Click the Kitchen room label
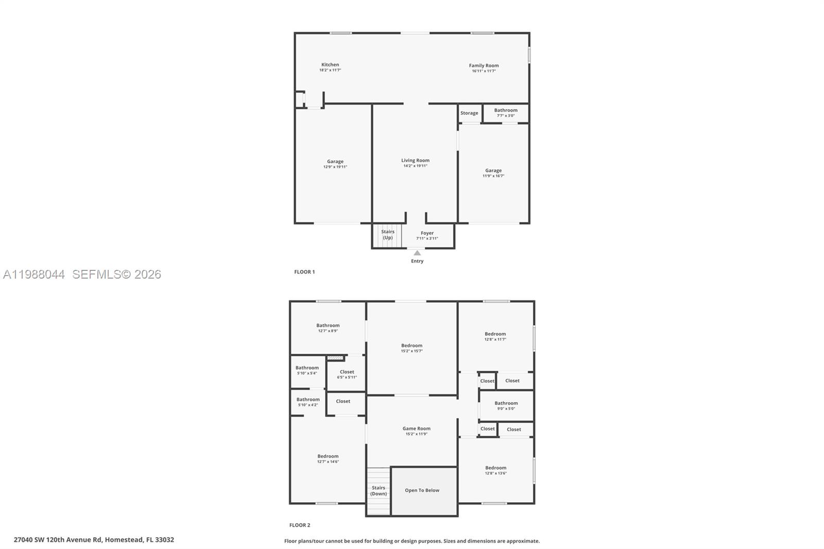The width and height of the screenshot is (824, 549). coord(330,65)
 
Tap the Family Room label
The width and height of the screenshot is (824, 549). coord(484,65)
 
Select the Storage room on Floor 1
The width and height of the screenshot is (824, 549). coord(469,113)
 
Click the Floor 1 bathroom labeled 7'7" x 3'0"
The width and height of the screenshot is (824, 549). coord(506,112)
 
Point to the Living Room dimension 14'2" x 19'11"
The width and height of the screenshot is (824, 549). coord(415,166)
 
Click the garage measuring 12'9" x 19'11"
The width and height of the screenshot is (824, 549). coord(335,164)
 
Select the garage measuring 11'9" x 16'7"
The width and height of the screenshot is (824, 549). coord(493,173)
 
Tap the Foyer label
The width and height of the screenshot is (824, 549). coord(427,233)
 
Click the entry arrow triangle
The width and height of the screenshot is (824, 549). coord(417,253)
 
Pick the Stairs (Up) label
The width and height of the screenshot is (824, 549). coord(387,234)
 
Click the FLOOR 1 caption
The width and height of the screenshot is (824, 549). coord(304,272)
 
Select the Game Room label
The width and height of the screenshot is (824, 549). coord(416,428)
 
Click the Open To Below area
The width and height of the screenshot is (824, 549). coord(422,490)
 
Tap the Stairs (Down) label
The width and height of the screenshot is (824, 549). coord(379,490)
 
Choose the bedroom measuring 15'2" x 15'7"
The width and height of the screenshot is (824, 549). coord(411,348)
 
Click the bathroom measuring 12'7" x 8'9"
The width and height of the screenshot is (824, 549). coord(328,328)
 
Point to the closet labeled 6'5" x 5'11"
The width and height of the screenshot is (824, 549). coord(347,374)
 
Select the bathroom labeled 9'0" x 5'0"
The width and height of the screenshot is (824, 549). coord(506,406)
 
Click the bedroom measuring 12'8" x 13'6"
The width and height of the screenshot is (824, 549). coord(495,470)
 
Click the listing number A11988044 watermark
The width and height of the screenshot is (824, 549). coord(34,274)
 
